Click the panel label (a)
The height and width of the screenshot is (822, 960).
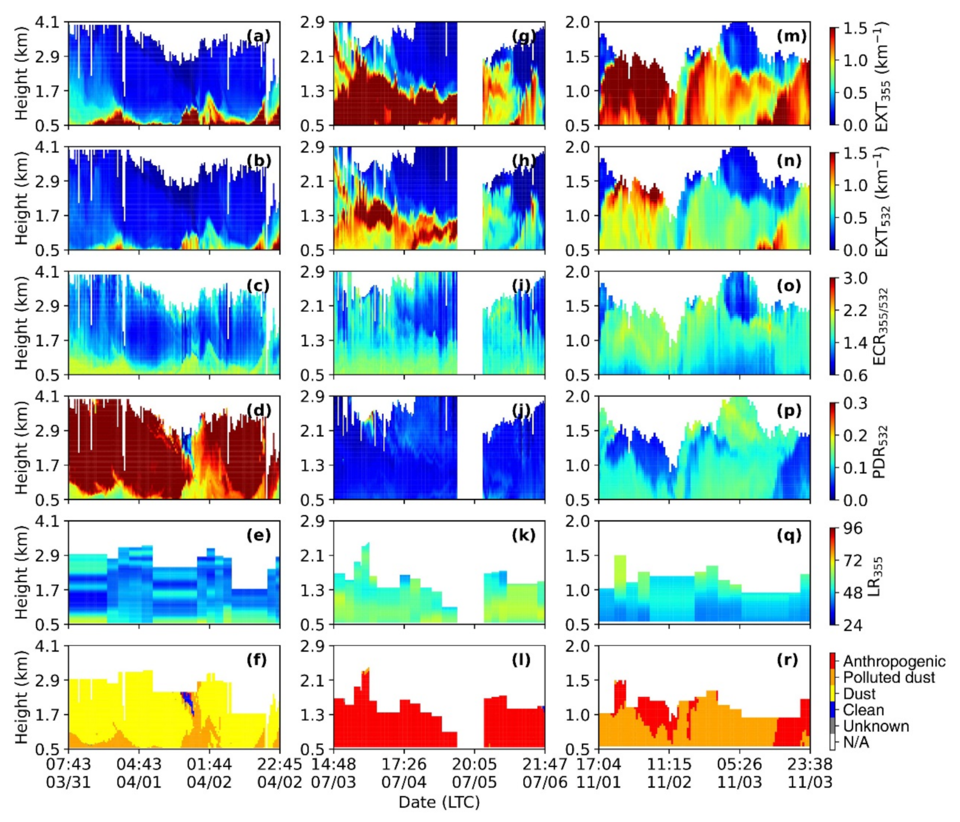point(257,36)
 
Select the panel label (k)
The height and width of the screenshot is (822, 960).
point(523,536)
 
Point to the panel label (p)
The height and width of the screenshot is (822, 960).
point(788,410)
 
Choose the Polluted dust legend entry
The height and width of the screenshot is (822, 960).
point(888,677)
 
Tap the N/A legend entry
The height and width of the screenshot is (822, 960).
point(856,742)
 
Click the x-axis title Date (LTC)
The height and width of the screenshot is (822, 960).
point(439,803)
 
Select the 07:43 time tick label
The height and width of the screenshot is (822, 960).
point(68,765)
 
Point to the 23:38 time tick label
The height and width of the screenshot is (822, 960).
point(810,765)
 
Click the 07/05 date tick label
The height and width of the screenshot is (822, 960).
point(474,782)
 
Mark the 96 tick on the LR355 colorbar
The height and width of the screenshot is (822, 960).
point(852,529)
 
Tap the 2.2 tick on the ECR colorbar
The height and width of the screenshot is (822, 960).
point(855,310)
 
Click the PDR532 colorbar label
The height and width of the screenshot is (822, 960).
point(879,452)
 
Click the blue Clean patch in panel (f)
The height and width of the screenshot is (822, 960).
point(188,700)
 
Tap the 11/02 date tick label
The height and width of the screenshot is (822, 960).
point(669,782)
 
